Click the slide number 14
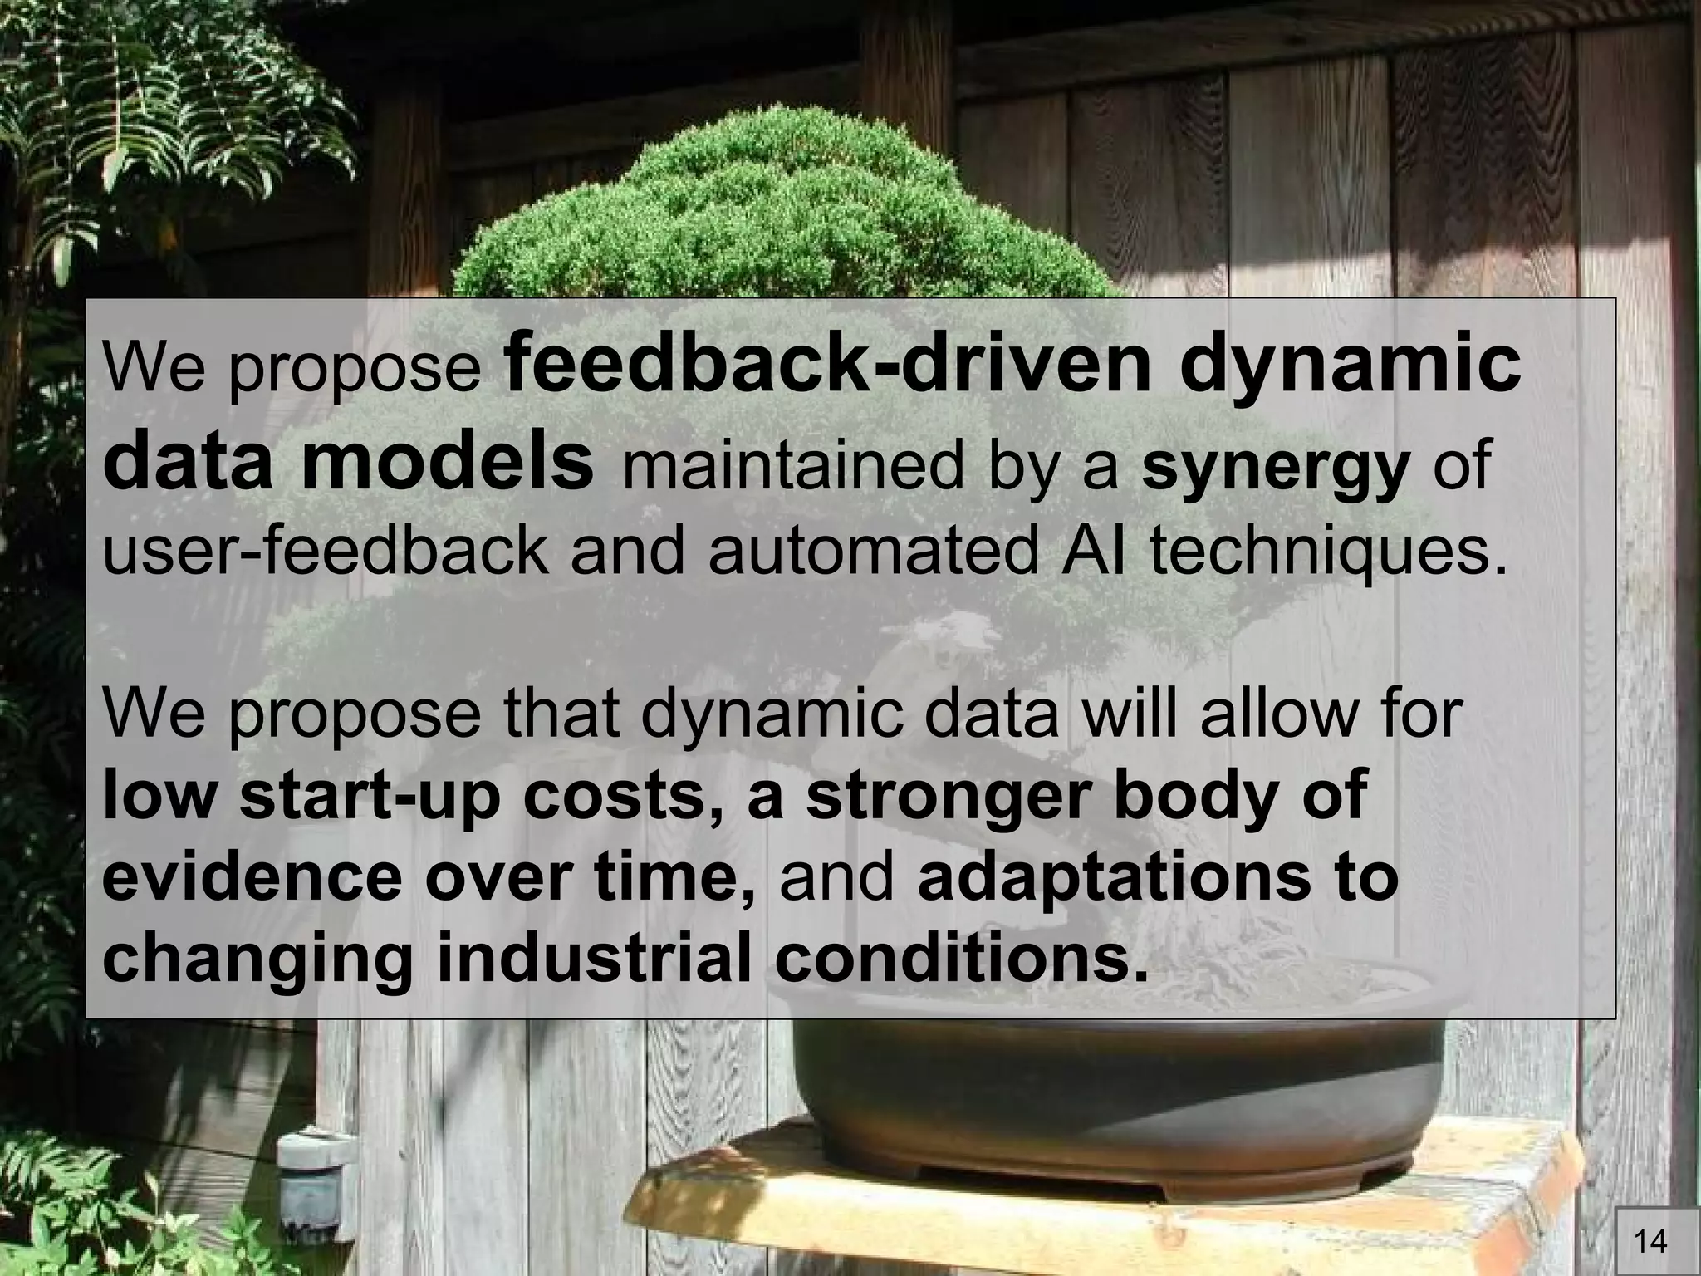tap(1650, 1242)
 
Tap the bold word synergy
tap(1276, 467)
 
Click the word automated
tap(873, 552)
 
